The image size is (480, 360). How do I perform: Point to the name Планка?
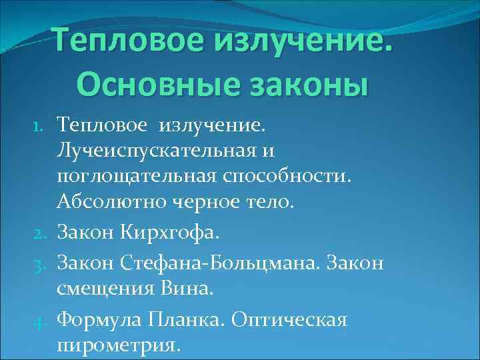pos(193,320)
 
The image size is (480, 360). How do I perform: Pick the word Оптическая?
pos(289,320)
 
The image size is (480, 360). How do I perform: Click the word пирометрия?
pos(119,347)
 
